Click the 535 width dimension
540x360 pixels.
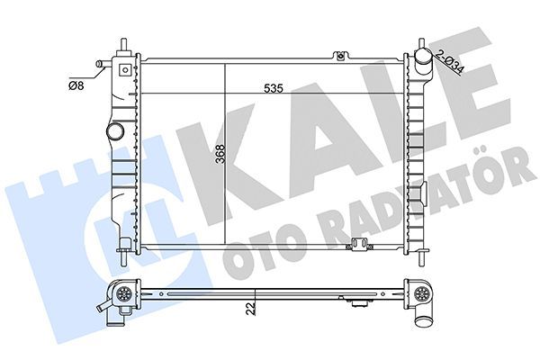point(275,89)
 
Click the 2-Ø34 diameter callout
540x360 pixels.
point(451,65)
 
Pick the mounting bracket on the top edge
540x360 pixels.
point(339,58)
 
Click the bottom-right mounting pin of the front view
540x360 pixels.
point(419,260)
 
